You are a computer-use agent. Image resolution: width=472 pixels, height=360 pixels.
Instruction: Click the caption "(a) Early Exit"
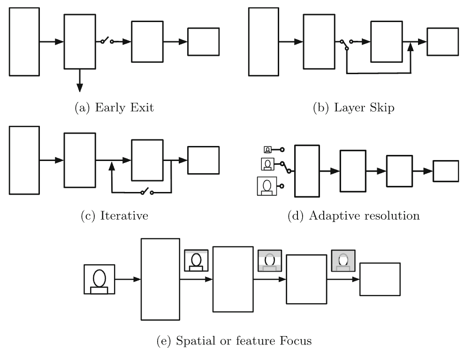pyautogui.click(x=114, y=108)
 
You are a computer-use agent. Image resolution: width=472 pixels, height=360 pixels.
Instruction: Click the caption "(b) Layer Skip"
pyautogui.click(x=354, y=108)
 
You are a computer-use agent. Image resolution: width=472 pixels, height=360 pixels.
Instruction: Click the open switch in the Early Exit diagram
pyautogui.click(x=107, y=42)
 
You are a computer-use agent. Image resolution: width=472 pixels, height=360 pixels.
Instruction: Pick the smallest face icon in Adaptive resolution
pyautogui.click(x=268, y=150)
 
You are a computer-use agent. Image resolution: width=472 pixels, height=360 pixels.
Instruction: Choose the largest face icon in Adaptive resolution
pyautogui.click(x=267, y=186)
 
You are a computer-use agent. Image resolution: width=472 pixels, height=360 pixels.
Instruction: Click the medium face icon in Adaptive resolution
pyautogui.click(x=267, y=164)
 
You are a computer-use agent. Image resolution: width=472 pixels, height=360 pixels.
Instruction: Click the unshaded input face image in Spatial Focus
pyautogui.click(x=99, y=280)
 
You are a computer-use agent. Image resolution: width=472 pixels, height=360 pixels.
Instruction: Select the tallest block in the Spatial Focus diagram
pyautogui.click(x=160, y=279)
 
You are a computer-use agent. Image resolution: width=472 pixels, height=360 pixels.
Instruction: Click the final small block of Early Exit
pyautogui.click(x=203, y=42)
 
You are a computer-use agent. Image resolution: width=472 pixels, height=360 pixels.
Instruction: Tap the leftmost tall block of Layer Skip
pyautogui.click(x=264, y=41)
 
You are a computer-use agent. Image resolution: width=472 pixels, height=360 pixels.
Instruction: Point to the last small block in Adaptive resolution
pyautogui.click(x=445, y=171)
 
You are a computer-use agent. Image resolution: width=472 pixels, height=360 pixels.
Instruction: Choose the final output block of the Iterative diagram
pyautogui.click(x=203, y=161)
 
